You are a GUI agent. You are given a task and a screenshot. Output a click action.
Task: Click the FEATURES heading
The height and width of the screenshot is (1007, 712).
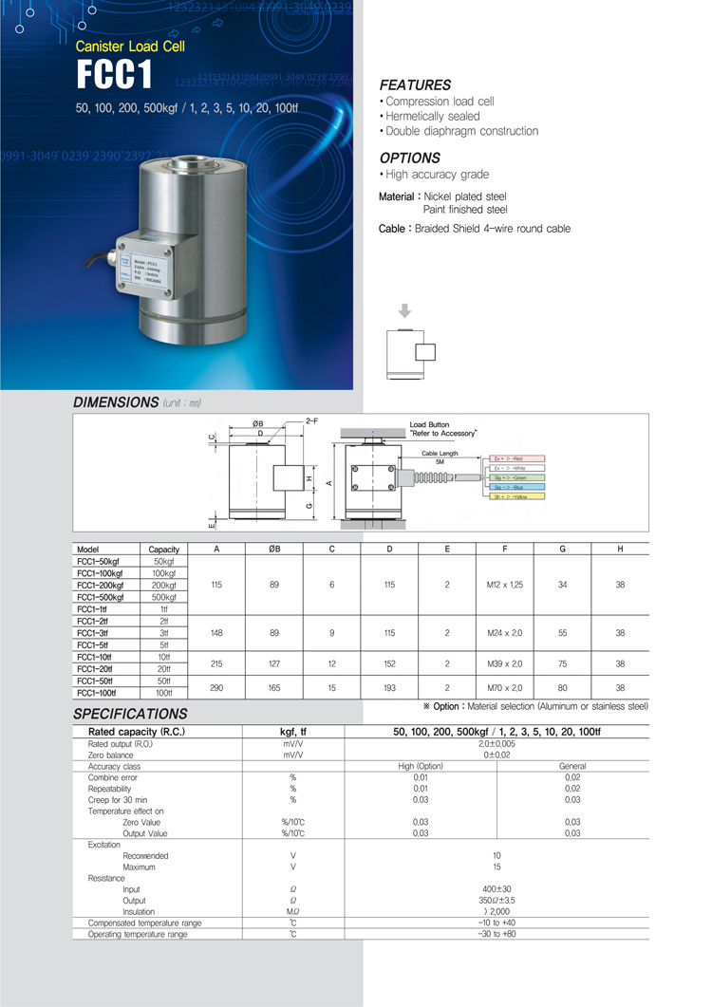(415, 84)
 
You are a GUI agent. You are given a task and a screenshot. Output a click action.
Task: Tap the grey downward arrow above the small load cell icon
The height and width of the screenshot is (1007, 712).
(405, 310)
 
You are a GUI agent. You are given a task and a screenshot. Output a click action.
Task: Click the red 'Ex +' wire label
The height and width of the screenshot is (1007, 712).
(517, 458)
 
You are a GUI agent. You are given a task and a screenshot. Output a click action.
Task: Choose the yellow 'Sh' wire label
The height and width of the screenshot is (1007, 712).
(517, 496)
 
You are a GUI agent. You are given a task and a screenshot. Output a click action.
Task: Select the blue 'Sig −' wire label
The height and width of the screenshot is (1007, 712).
(517, 487)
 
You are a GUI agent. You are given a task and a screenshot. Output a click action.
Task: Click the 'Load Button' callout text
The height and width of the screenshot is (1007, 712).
(429, 424)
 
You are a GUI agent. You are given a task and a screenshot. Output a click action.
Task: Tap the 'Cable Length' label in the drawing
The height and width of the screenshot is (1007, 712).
(440, 454)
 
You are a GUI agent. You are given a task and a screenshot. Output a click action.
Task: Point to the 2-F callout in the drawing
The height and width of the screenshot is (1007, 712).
(311, 420)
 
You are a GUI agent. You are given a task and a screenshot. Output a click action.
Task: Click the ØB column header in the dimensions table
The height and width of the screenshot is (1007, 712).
(274, 549)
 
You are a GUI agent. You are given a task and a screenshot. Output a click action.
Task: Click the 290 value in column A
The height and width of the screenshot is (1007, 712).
(217, 687)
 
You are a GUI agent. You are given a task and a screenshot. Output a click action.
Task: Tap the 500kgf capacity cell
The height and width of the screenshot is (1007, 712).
(164, 598)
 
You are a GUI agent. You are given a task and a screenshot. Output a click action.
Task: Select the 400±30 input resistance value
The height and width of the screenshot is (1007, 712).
(497, 889)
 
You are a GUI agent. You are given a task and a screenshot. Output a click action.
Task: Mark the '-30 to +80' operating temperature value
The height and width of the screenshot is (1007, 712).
(497, 935)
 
